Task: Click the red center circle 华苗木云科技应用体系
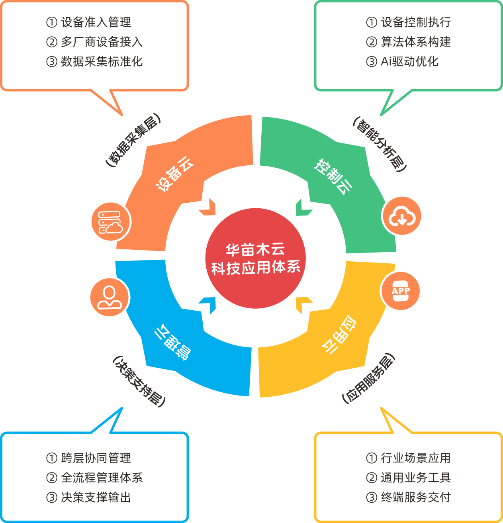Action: click(x=255, y=258)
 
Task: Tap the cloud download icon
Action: click(x=401, y=217)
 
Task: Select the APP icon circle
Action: click(x=400, y=291)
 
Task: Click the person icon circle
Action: click(x=110, y=297)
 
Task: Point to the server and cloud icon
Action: click(x=111, y=222)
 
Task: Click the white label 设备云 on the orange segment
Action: click(x=174, y=174)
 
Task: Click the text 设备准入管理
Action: click(x=96, y=22)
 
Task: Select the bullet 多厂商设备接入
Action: click(x=102, y=42)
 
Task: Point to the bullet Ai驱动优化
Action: click(x=409, y=61)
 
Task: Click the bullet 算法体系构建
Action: click(x=415, y=42)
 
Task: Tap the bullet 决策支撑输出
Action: click(x=96, y=497)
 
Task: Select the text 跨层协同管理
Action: click(x=96, y=458)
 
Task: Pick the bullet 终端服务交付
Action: click(x=415, y=497)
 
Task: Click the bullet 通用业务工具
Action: click(x=415, y=478)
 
